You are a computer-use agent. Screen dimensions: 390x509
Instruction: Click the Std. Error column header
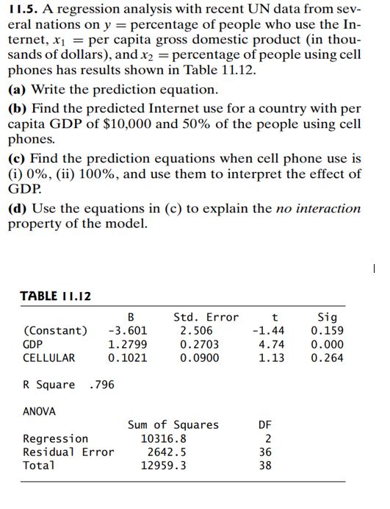206,317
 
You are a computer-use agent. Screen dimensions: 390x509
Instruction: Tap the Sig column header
327,317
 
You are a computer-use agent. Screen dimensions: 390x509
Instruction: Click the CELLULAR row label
49,357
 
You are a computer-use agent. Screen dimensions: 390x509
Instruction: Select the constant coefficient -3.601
127,330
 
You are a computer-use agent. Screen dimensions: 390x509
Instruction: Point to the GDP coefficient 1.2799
127,344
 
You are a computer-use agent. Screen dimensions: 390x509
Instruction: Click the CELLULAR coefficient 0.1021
127,357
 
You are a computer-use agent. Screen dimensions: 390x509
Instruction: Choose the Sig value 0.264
327,357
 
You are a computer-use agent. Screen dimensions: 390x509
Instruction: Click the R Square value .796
101,385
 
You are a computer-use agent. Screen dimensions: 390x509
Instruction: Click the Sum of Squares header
173,424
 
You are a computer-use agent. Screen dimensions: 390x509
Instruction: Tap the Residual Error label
68,452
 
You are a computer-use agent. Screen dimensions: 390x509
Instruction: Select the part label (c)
17,158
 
